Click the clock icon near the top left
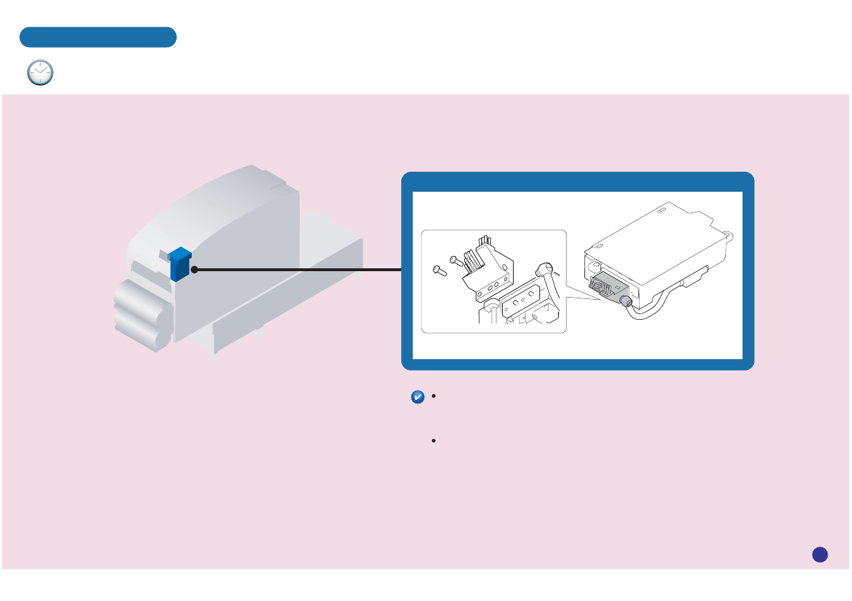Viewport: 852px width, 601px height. pyautogui.click(x=40, y=73)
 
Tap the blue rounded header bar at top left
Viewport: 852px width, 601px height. pyautogui.click(x=98, y=37)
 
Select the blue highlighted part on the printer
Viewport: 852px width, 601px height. pyautogui.click(x=180, y=264)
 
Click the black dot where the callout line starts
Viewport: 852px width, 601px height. pyautogui.click(x=194, y=270)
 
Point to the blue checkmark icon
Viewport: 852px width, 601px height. pyautogui.click(x=419, y=399)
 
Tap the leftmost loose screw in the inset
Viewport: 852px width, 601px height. pyautogui.click(x=440, y=270)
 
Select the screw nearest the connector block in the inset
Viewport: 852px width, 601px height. pyautogui.click(x=456, y=260)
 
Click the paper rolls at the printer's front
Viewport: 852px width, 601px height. pyautogui.click(x=142, y=315)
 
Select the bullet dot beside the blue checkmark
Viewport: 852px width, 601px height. pyautogui.click(x=434, y=395)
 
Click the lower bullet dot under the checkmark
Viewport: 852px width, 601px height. pyautogui.click(x=434, y=441)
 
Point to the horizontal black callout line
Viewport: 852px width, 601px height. pyautogui.click(x=297, y=270)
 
